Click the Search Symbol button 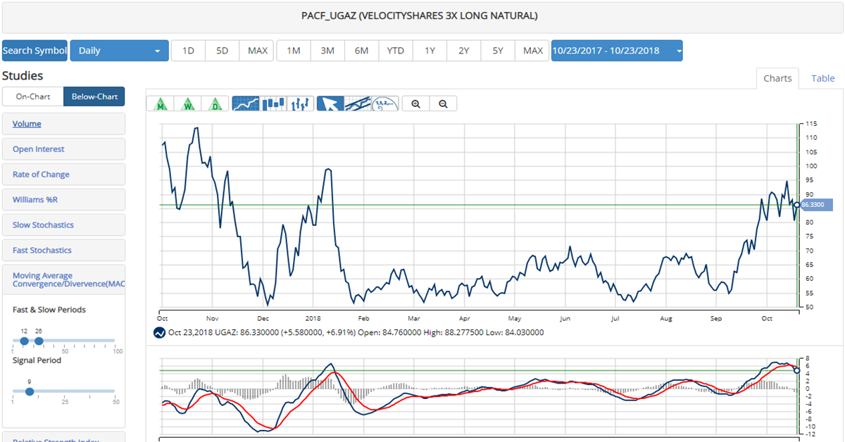tap(35, 51)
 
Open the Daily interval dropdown tap(119, 51)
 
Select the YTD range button tap(396, 51)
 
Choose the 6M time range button tap(361, 51)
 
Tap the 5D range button tap(222, 51)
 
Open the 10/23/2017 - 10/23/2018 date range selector tap(616, 51)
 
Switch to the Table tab tap(822, 78)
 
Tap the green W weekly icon tap(189, 104)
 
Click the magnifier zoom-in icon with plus tap(416, 104)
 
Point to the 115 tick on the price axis tap(811, 124)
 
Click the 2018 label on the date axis tap(313, 318)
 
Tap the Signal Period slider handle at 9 tap(29, 391)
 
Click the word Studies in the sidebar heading tap(23, 76)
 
